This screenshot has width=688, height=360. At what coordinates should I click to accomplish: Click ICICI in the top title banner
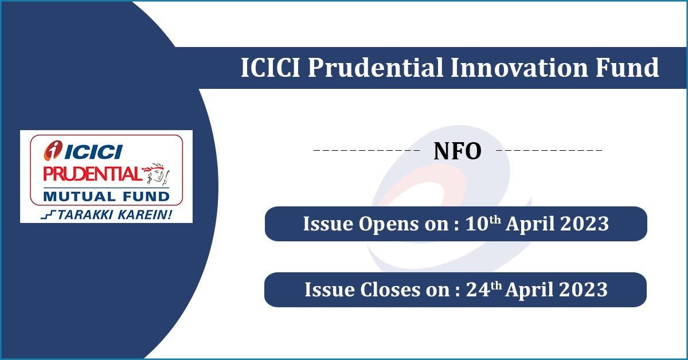[x=271, y=68]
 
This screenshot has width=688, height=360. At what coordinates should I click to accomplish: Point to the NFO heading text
[x=458, y=151]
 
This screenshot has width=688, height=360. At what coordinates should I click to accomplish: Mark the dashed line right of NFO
[x=549, y=151]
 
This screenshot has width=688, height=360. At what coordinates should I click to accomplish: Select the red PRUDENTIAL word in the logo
[x=92, y=173]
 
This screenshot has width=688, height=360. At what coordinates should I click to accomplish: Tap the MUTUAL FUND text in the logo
[x=107, y=197]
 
